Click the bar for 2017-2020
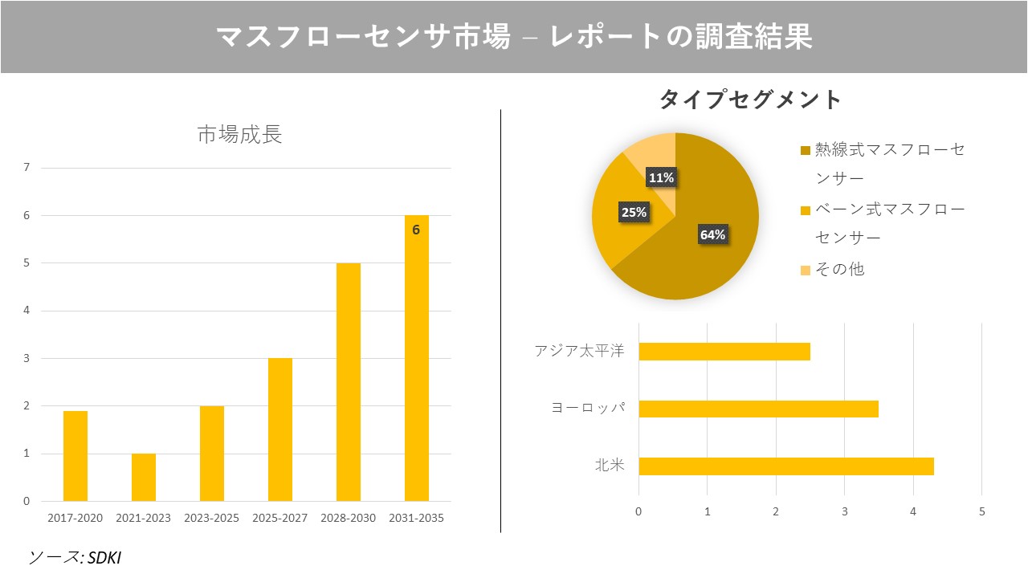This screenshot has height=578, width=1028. (75, 456)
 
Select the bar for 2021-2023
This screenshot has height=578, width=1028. (144, 478)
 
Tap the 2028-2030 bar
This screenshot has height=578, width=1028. (349, 382)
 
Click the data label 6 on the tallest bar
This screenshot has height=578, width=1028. (416, 230)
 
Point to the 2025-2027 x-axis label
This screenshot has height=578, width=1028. (279, 518)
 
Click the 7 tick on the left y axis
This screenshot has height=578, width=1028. (27, 168)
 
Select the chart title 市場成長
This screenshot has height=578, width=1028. (239, 134)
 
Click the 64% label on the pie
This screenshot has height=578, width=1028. (712, 234)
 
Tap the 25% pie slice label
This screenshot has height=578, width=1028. (634, 213)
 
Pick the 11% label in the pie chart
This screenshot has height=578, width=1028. (661, 177)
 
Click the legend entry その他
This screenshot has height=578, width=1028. (839, 269)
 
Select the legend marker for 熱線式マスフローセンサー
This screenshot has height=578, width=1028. (806, 150)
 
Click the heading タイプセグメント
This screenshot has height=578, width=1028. (750, 100)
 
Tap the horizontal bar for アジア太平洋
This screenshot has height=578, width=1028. (724, 352)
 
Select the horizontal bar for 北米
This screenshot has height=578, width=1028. (785, 466)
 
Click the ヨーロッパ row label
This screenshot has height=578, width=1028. (587, 408)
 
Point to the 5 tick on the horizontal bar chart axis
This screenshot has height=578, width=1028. (981, 511)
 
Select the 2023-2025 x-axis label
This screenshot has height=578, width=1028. (211, 518)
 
